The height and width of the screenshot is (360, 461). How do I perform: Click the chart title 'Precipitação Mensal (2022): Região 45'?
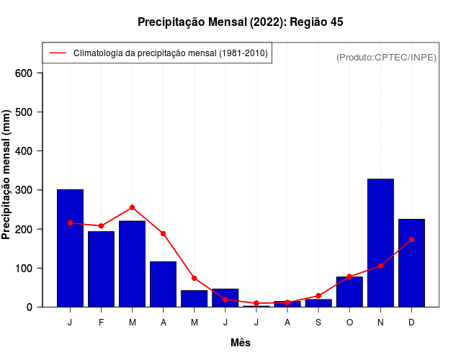241,22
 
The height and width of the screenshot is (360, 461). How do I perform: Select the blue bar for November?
380,243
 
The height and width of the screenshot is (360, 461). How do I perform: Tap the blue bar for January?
70,248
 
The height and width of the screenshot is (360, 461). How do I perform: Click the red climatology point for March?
132,207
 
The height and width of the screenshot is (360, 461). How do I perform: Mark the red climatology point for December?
411,239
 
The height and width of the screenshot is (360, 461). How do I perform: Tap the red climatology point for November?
380,266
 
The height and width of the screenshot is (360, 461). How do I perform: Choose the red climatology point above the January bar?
70,223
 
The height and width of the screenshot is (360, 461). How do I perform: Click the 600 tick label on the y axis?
24,73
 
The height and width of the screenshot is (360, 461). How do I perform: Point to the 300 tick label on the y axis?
24,190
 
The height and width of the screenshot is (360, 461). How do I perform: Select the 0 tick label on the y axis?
30,307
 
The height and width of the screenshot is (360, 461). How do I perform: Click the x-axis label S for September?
318,323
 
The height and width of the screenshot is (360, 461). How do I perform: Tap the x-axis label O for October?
349,323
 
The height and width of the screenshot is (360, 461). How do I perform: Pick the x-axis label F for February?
101,323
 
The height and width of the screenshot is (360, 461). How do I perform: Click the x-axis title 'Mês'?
241,343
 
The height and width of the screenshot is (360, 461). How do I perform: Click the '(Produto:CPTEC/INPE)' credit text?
386,57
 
